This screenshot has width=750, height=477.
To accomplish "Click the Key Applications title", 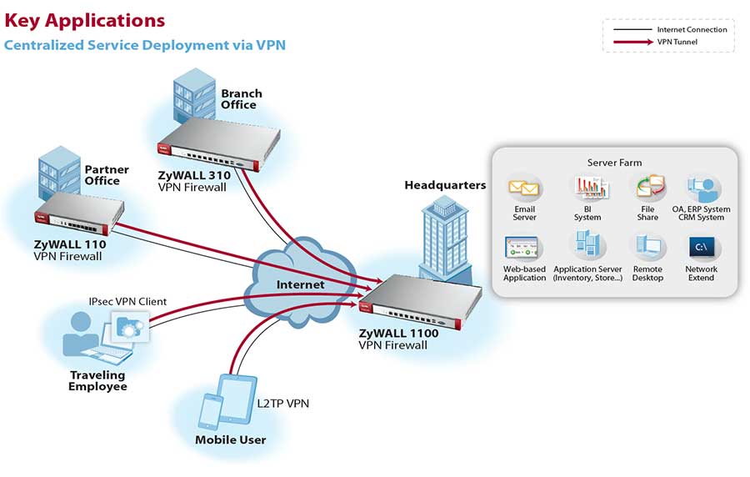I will (x=85, y=20).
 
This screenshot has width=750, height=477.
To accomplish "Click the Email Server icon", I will (x=525, y=188).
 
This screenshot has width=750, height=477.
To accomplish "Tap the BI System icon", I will (x=587, y=188).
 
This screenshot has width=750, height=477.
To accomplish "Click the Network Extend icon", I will (x=701, y=248).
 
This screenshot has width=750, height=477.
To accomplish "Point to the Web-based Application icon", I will (x=524, y=248).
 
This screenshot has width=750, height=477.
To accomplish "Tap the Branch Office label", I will (x=241, y=99).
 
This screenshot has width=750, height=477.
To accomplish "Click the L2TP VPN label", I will (x=282, y=404).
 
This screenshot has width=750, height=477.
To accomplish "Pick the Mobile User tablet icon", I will (x=232, y=397).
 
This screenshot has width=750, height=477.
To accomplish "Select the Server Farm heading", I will (x=614, y=163).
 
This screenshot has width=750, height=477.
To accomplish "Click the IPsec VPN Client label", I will (x=127, y=301).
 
